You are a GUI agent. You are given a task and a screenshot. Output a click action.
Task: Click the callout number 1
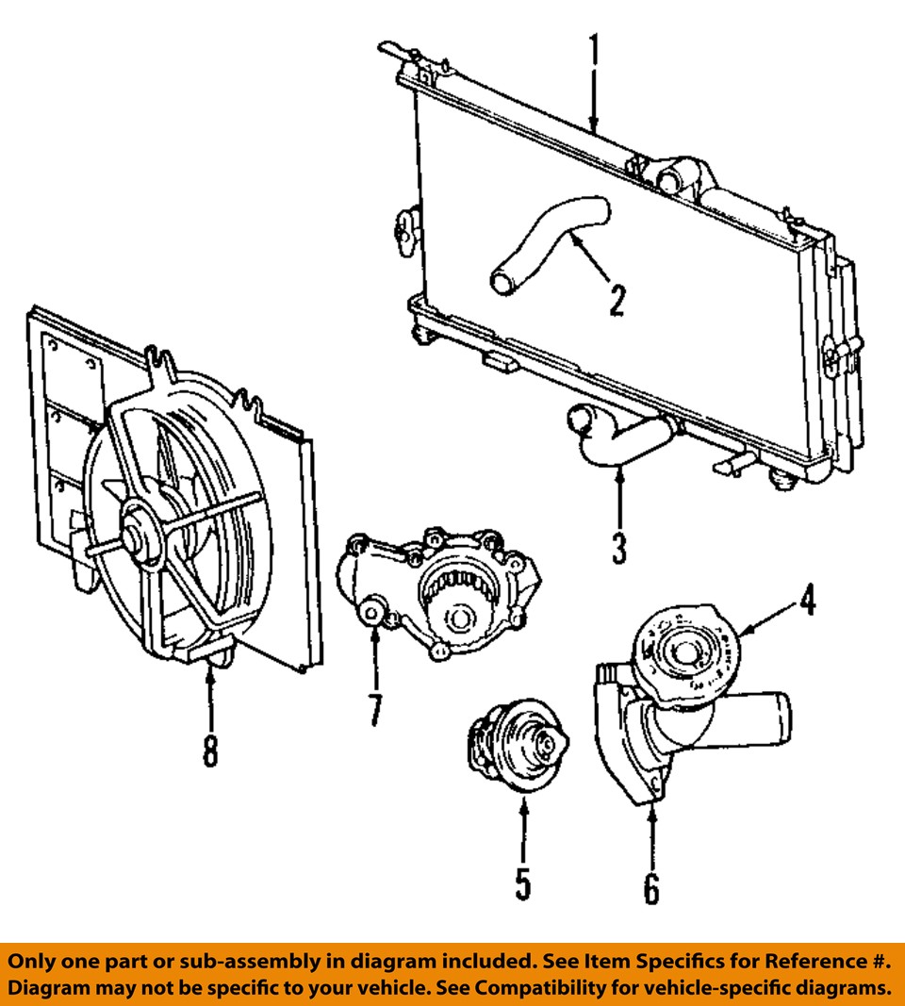coord(594,54)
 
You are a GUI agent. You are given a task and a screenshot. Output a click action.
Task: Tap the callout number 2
coord(616,300)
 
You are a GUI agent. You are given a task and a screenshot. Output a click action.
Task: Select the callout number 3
coord(618,548)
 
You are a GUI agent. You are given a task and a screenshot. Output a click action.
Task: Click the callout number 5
coord(523,883)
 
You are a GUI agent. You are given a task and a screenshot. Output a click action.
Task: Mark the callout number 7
coord(375,710)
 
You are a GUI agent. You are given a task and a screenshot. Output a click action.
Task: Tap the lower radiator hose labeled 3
coord(617,438)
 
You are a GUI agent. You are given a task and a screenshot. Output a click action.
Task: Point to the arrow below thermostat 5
coord(523,825)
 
